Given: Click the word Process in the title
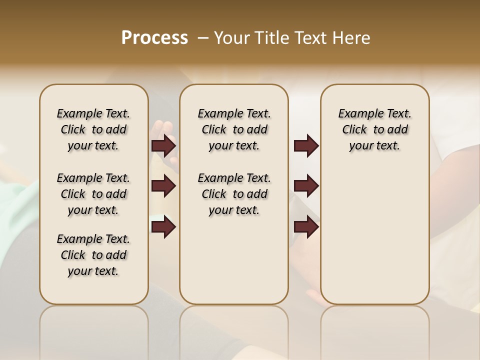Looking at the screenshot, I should [x=154, y=37].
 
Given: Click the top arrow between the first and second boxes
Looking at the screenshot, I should [x=163, y=146].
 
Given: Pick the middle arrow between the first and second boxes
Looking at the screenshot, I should [x=163, y=186].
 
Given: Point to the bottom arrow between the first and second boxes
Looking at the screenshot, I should [x=163, y=227].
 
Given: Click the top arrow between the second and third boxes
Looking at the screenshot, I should [x=306, y=146].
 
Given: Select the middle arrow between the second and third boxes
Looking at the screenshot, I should [x=306, y=186].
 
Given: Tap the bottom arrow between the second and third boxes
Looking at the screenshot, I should [x=306, y=227].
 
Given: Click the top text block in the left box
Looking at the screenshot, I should [x=93, y=129].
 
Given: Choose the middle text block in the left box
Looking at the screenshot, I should [x=93, y=194].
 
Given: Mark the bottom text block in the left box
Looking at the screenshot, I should [x=93, y=255].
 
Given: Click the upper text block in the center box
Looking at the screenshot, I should [x=234, y=129].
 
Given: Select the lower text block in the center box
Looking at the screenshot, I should [x=234, y=194].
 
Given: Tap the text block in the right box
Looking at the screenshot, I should [x=374, y=129].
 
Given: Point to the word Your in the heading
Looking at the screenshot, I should [x=232, y=37].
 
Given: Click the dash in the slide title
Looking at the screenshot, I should [x=202, y=38].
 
